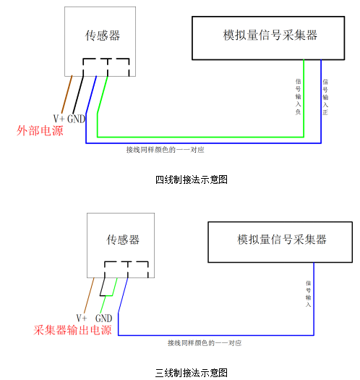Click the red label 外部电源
click(40, 130)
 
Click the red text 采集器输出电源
click(72, 330)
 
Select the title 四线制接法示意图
click(192, 180)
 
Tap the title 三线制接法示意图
click(192, 373)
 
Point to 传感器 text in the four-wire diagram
click(103, 35)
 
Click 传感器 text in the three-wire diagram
click(123, 240)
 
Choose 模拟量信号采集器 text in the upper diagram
click(270, 35)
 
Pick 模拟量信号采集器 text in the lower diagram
click(281, 240)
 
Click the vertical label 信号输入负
click(298, 96)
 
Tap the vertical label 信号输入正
click(325, 97)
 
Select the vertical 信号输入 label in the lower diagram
click(308, 293)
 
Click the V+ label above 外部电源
click(59, 119)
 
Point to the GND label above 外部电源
click(76, 119)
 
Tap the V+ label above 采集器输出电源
click(82, 318)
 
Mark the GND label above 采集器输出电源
click(103, 318)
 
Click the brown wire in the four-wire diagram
click(67, 95)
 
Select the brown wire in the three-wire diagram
click(89, 295)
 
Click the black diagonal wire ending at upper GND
click(78, 95)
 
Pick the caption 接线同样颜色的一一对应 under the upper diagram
click(165, 150)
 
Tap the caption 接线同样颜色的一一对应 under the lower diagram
click(205, 343)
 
